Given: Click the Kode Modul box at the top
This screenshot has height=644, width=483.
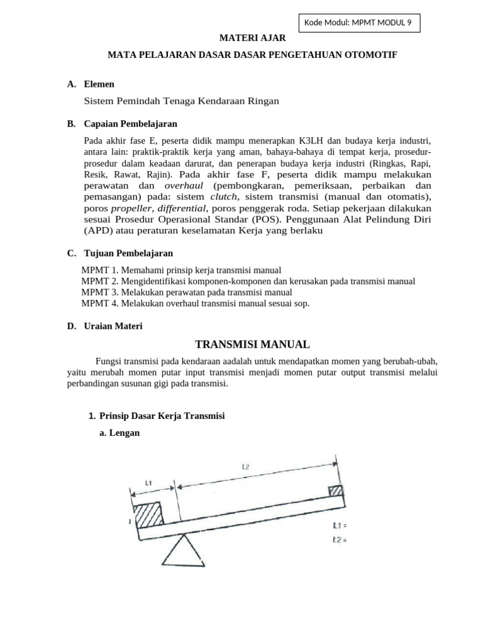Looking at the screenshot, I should click(x=358, y=23).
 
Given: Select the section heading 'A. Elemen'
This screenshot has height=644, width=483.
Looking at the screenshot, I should click(x=91, y=84).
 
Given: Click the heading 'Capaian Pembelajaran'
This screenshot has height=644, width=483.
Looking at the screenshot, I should click(x=130, y=123).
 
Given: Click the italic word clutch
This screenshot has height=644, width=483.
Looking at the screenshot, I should click(x=223, y=196).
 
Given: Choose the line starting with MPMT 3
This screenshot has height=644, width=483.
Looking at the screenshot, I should click(x=187, y=292).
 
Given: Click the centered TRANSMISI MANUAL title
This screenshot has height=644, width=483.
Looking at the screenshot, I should click(x=252, y=344).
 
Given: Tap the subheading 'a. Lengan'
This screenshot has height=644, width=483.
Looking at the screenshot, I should click(x=119, y=433).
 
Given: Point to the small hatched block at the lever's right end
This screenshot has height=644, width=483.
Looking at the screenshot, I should click(x=336, y=490).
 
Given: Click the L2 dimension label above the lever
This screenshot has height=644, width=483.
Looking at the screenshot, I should click(x=246, y=467).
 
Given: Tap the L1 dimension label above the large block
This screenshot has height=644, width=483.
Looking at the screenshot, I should click(x=148, y=483).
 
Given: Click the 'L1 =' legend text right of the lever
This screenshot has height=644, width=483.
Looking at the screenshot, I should click(x=339, y=525).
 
